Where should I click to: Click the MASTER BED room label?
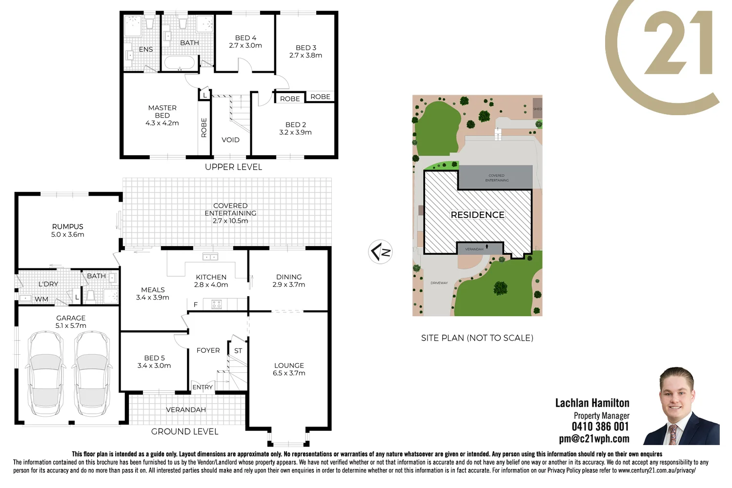tap(162, 112)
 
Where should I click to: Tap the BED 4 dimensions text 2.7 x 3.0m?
tap(245, 45)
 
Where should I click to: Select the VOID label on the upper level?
tap(230, 140)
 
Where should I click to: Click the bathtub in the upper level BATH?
tap(179, 62)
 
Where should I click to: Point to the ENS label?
tap(145, 49)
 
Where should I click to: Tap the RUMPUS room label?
tap(68, 226)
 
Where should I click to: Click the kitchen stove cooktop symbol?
tap(216, 305)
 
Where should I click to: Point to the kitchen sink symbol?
tap(210, 257)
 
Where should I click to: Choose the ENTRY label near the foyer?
tap(203, 387)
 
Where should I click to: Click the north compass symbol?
tap(380, 252)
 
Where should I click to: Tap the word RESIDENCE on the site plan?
tap(477, 215)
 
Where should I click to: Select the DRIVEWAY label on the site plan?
tap(439, 283)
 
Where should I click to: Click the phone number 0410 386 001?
tap(600, 427)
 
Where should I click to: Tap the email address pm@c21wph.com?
tap(594, 439)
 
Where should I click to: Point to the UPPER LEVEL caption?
tap(233, 167)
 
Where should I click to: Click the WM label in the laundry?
tap(41, 299)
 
